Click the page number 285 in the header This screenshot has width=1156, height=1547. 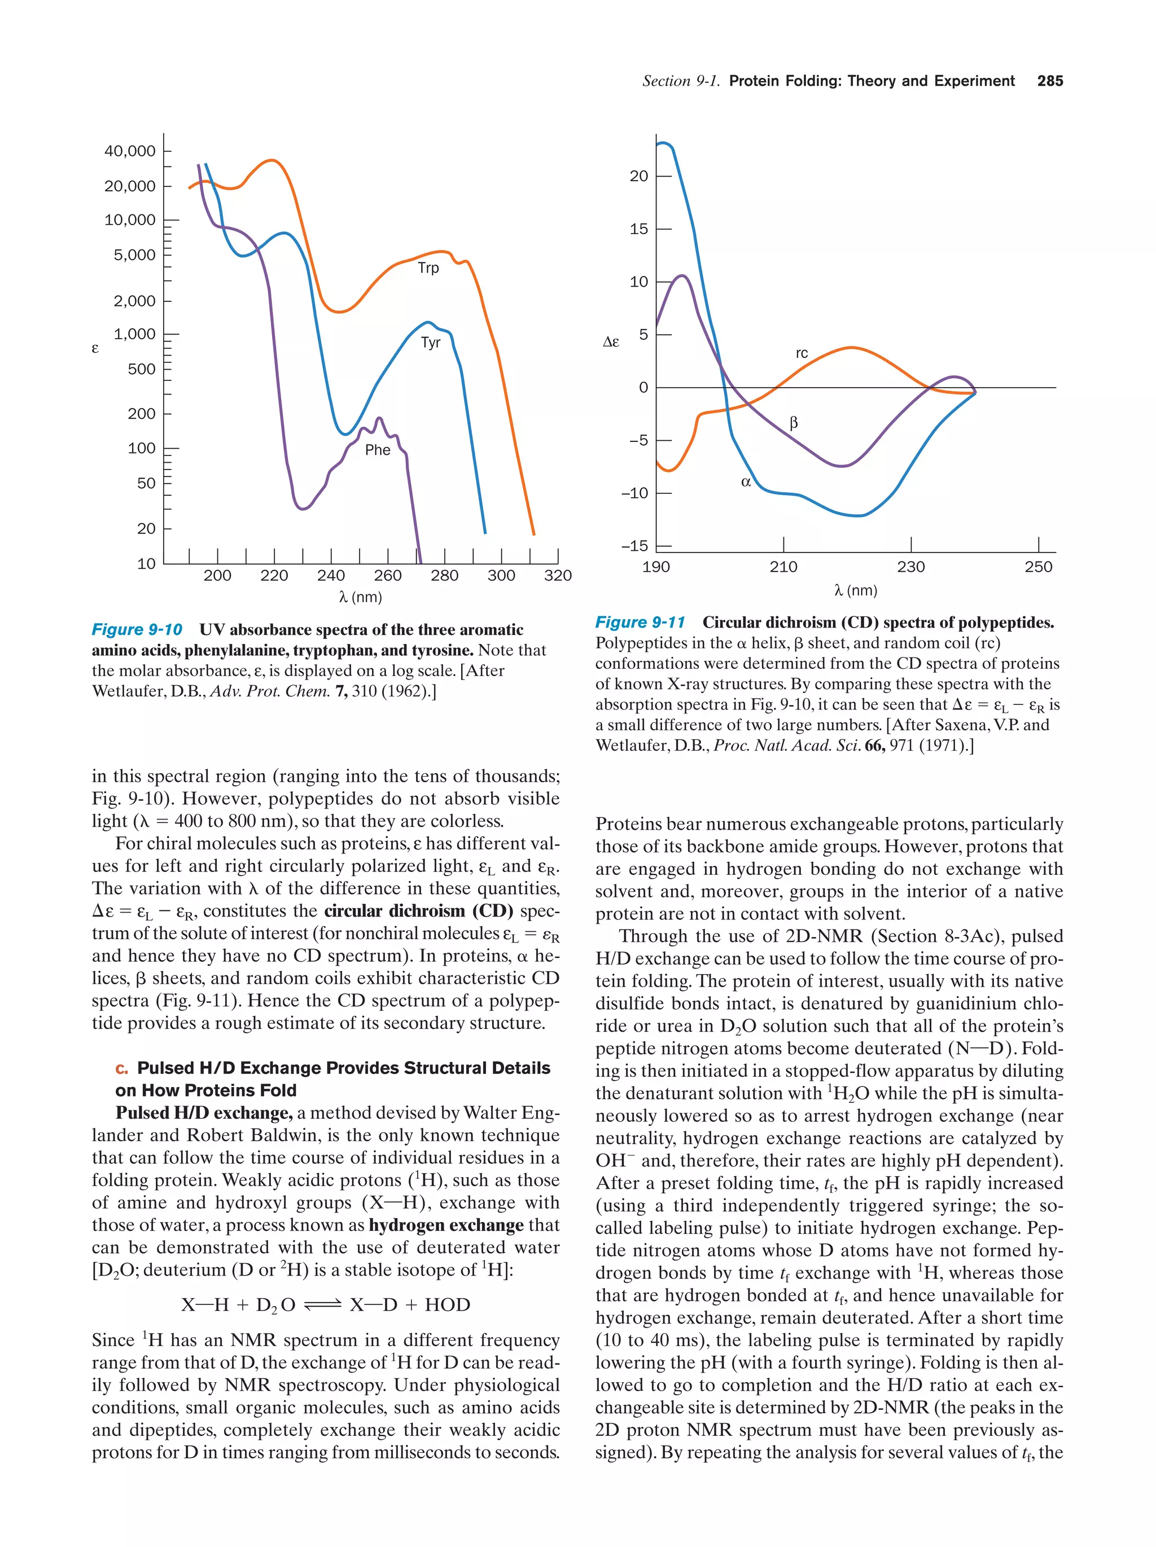coord(1049,81)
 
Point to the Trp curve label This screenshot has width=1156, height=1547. coord(428,268)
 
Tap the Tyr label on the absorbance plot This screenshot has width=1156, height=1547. coord(430,342)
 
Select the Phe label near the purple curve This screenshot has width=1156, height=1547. coord(377,450)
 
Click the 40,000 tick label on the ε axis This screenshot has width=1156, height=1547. coord(129,151)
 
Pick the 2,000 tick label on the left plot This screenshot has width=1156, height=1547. coord(134,301)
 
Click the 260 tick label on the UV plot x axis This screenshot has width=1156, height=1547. coord(387,575)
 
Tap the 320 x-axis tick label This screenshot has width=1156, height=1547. coord(557,575)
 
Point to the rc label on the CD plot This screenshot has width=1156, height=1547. coord(802,353)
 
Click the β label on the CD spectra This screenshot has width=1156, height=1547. coord(793,422)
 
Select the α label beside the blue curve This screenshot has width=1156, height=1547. coord(746,482)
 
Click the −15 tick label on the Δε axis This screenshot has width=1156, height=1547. coord(634,546)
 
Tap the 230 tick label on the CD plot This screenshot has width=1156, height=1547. coord(910,567)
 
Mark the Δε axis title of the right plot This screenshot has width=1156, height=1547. coord(611,342)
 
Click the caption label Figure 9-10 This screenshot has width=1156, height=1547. coord(137,629)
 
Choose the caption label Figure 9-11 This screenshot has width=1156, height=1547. coord(640,623)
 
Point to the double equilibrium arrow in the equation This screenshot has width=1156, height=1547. coord(322,1304)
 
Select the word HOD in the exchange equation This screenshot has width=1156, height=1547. coord(447,1304)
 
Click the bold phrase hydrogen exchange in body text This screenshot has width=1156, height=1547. coord(445,1225)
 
